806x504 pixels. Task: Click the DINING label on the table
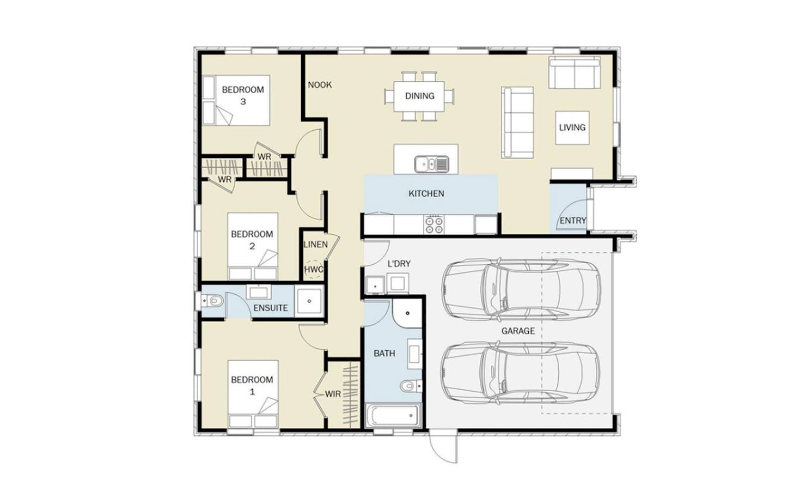[x=419, y=96]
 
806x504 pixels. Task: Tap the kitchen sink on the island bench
[x=431, y=164]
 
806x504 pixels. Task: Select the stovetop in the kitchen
[x=433, y=224]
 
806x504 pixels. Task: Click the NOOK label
[x=320, y=85]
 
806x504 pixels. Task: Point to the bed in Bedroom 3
[x=236, y=100]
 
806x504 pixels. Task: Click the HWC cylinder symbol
[x=314, y=270]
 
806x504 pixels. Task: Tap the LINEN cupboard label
[x=315, y=245]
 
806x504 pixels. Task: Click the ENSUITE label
[x=271, y=308]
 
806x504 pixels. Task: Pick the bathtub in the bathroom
[x=393, y=415]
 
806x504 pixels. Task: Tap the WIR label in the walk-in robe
[x=332, y=394]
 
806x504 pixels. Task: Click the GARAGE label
[x=518, y=331]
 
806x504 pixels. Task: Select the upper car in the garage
[x=521, y=290]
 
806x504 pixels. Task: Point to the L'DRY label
[x=399, y=264]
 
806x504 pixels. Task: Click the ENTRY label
[x=573, y=220]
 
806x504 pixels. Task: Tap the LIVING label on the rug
[x=572, y=127]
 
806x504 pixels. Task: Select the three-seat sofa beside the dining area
[x=517, y=123]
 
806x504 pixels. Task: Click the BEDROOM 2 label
[x=252, y=240]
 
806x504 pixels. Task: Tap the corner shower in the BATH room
[x=407, y=313]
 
